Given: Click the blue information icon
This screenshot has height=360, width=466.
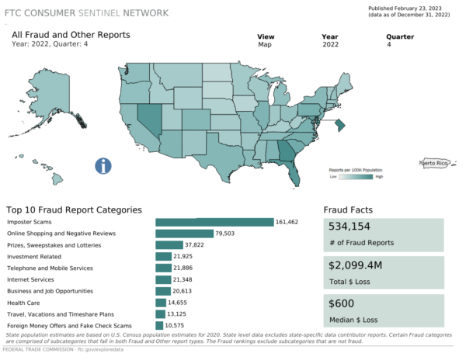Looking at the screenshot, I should point(103,165).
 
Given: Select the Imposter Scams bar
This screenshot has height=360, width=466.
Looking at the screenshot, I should point(214,222).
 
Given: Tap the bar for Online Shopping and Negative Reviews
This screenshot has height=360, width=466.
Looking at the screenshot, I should point(184,234).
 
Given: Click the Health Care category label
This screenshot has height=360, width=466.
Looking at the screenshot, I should point(23,303).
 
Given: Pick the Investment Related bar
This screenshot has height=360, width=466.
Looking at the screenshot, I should point(164,256).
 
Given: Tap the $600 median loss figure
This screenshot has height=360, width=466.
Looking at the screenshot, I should point(342,303).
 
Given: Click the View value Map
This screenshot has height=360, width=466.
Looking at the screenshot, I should point(265,45).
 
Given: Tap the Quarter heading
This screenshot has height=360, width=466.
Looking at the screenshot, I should point(399,36).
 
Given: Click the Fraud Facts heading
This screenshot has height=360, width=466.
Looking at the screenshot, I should point(347,209).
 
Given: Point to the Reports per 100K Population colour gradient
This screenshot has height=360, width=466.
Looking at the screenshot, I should point(356,176).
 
